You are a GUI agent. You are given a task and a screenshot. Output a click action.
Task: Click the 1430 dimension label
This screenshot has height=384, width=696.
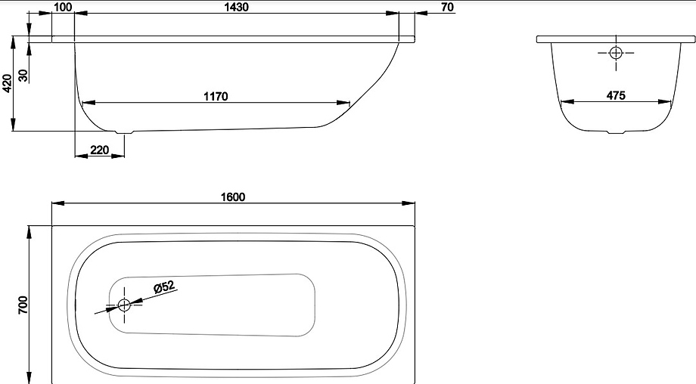tap(237, 7)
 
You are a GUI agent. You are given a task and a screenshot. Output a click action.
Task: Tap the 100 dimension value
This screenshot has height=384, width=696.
tap(63, 7)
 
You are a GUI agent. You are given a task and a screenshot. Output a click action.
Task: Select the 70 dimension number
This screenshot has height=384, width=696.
tap(448, 7)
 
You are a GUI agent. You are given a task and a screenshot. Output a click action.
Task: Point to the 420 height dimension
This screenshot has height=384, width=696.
tap(7, 83)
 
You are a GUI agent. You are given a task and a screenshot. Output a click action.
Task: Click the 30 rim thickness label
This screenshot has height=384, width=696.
tap(23, 76)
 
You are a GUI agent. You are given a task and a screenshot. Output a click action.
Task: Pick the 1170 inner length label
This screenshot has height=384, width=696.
tap(216, 96)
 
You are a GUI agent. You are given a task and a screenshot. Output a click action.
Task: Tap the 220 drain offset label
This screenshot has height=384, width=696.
tap(99, 150)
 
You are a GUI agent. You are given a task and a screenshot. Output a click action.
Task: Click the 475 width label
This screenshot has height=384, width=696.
tap(616, 95)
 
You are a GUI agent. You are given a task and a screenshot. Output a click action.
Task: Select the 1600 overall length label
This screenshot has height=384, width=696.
tap(233, 197)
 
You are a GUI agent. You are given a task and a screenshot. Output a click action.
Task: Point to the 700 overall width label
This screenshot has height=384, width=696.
tap(23, 305)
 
